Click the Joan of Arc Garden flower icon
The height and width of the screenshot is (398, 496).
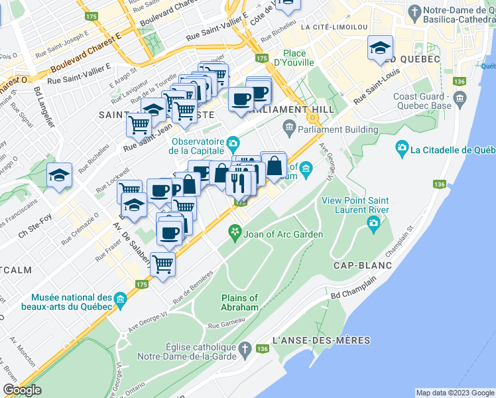pos(234,232)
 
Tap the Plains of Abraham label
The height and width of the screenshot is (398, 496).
pos(239,302)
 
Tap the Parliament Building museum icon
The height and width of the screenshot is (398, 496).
pos(289,127)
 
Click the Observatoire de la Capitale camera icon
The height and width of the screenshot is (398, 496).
pos(233,142)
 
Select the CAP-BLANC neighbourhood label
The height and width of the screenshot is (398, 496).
pos(362,265)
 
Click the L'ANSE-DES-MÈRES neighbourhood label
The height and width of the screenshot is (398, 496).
pos(320,340)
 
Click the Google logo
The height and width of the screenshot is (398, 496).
pos(22,389)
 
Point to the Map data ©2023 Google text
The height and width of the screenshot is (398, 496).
pos(454,393)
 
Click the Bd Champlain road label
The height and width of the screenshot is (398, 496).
pos(347,293)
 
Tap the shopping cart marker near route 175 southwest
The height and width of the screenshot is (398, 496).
pos(162,264)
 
